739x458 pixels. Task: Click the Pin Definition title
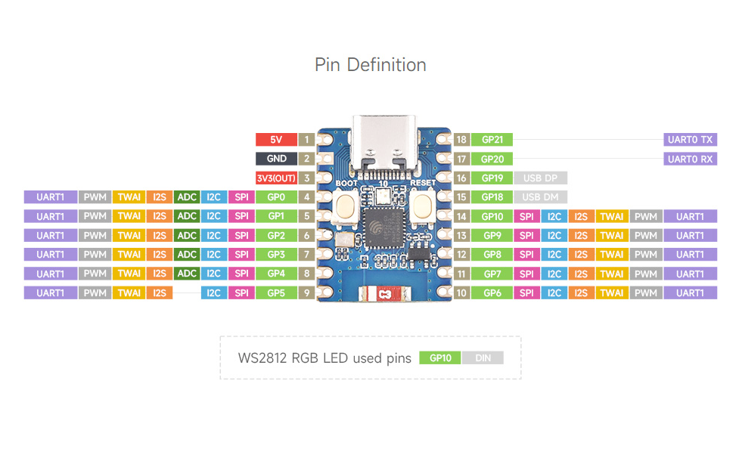(370, 65)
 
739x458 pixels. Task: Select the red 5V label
(276, 140)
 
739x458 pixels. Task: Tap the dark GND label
(276, 159)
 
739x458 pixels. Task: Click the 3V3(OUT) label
(276, 178)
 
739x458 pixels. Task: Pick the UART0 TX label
(690, 140)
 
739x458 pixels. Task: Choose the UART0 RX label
(690, 159)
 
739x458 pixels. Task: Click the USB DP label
(540, 178)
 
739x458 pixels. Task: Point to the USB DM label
(540, 197)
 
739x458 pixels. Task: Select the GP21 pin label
(492, 140)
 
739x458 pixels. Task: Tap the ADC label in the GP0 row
(186, 197)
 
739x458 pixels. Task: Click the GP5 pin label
(276, 292)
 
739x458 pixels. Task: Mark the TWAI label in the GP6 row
(611, 292)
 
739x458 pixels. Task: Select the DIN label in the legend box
(483, 358)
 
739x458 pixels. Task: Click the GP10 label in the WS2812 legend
(440, 358)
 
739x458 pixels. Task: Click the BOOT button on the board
(347, 205)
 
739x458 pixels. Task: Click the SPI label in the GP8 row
(526, 254)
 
